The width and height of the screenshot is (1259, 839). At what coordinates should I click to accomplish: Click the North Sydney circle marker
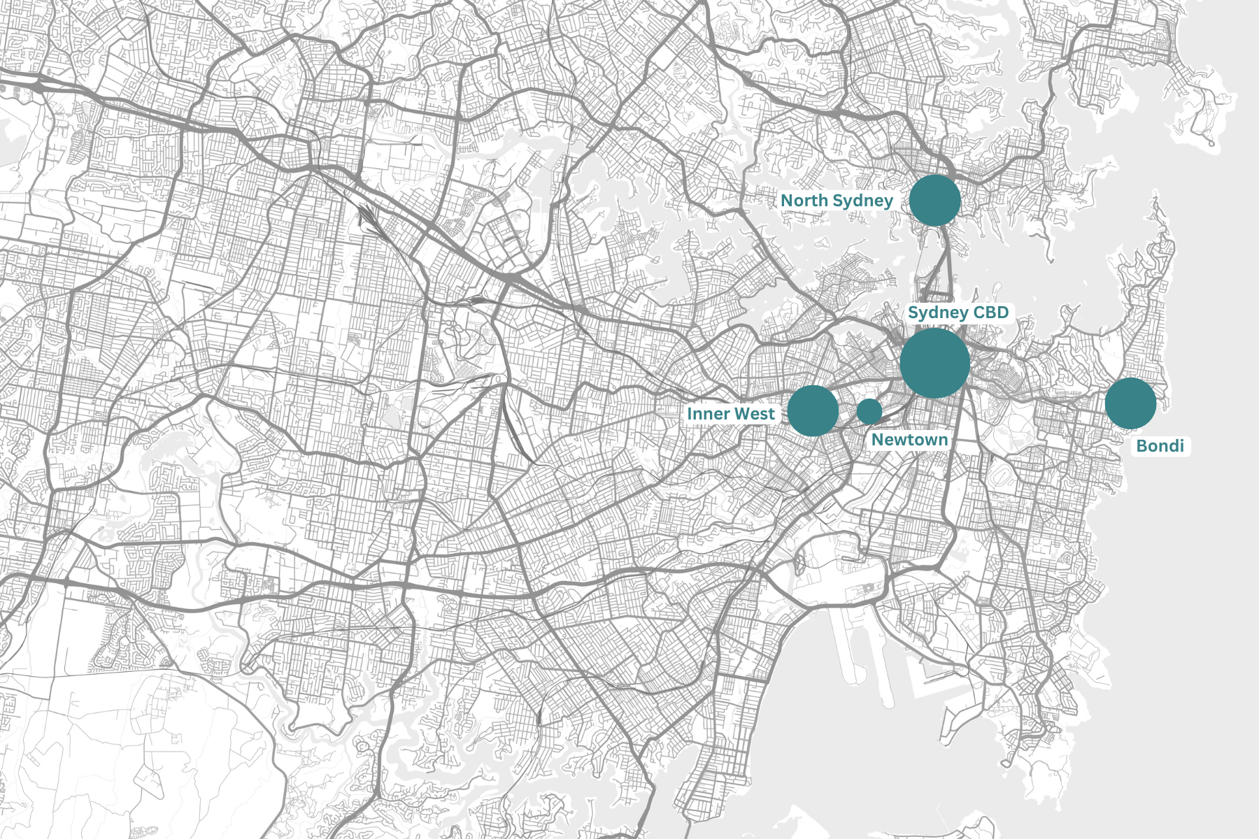(x=935, y=201)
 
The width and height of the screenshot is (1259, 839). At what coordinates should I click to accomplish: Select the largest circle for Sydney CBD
(x=935, y=364)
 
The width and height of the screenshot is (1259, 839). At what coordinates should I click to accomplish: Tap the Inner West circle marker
(x=813, y=411)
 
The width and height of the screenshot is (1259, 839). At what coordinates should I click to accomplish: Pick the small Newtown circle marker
(x=869, y=412)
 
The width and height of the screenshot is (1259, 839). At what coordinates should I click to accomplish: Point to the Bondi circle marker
(x=1131, y=403)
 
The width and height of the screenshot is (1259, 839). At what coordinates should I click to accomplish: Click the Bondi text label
(x=1160, y=446)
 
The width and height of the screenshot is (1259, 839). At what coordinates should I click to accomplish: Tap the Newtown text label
(x=909, y=440)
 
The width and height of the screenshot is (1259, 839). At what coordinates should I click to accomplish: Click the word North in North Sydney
(x=803, y=201)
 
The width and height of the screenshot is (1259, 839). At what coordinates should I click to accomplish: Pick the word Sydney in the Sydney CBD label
(x=937, y=313)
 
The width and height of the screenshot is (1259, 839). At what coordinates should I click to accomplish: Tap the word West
(x=755, y=414)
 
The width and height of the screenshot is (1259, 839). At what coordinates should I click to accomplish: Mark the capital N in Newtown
(x=878, y=440)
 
